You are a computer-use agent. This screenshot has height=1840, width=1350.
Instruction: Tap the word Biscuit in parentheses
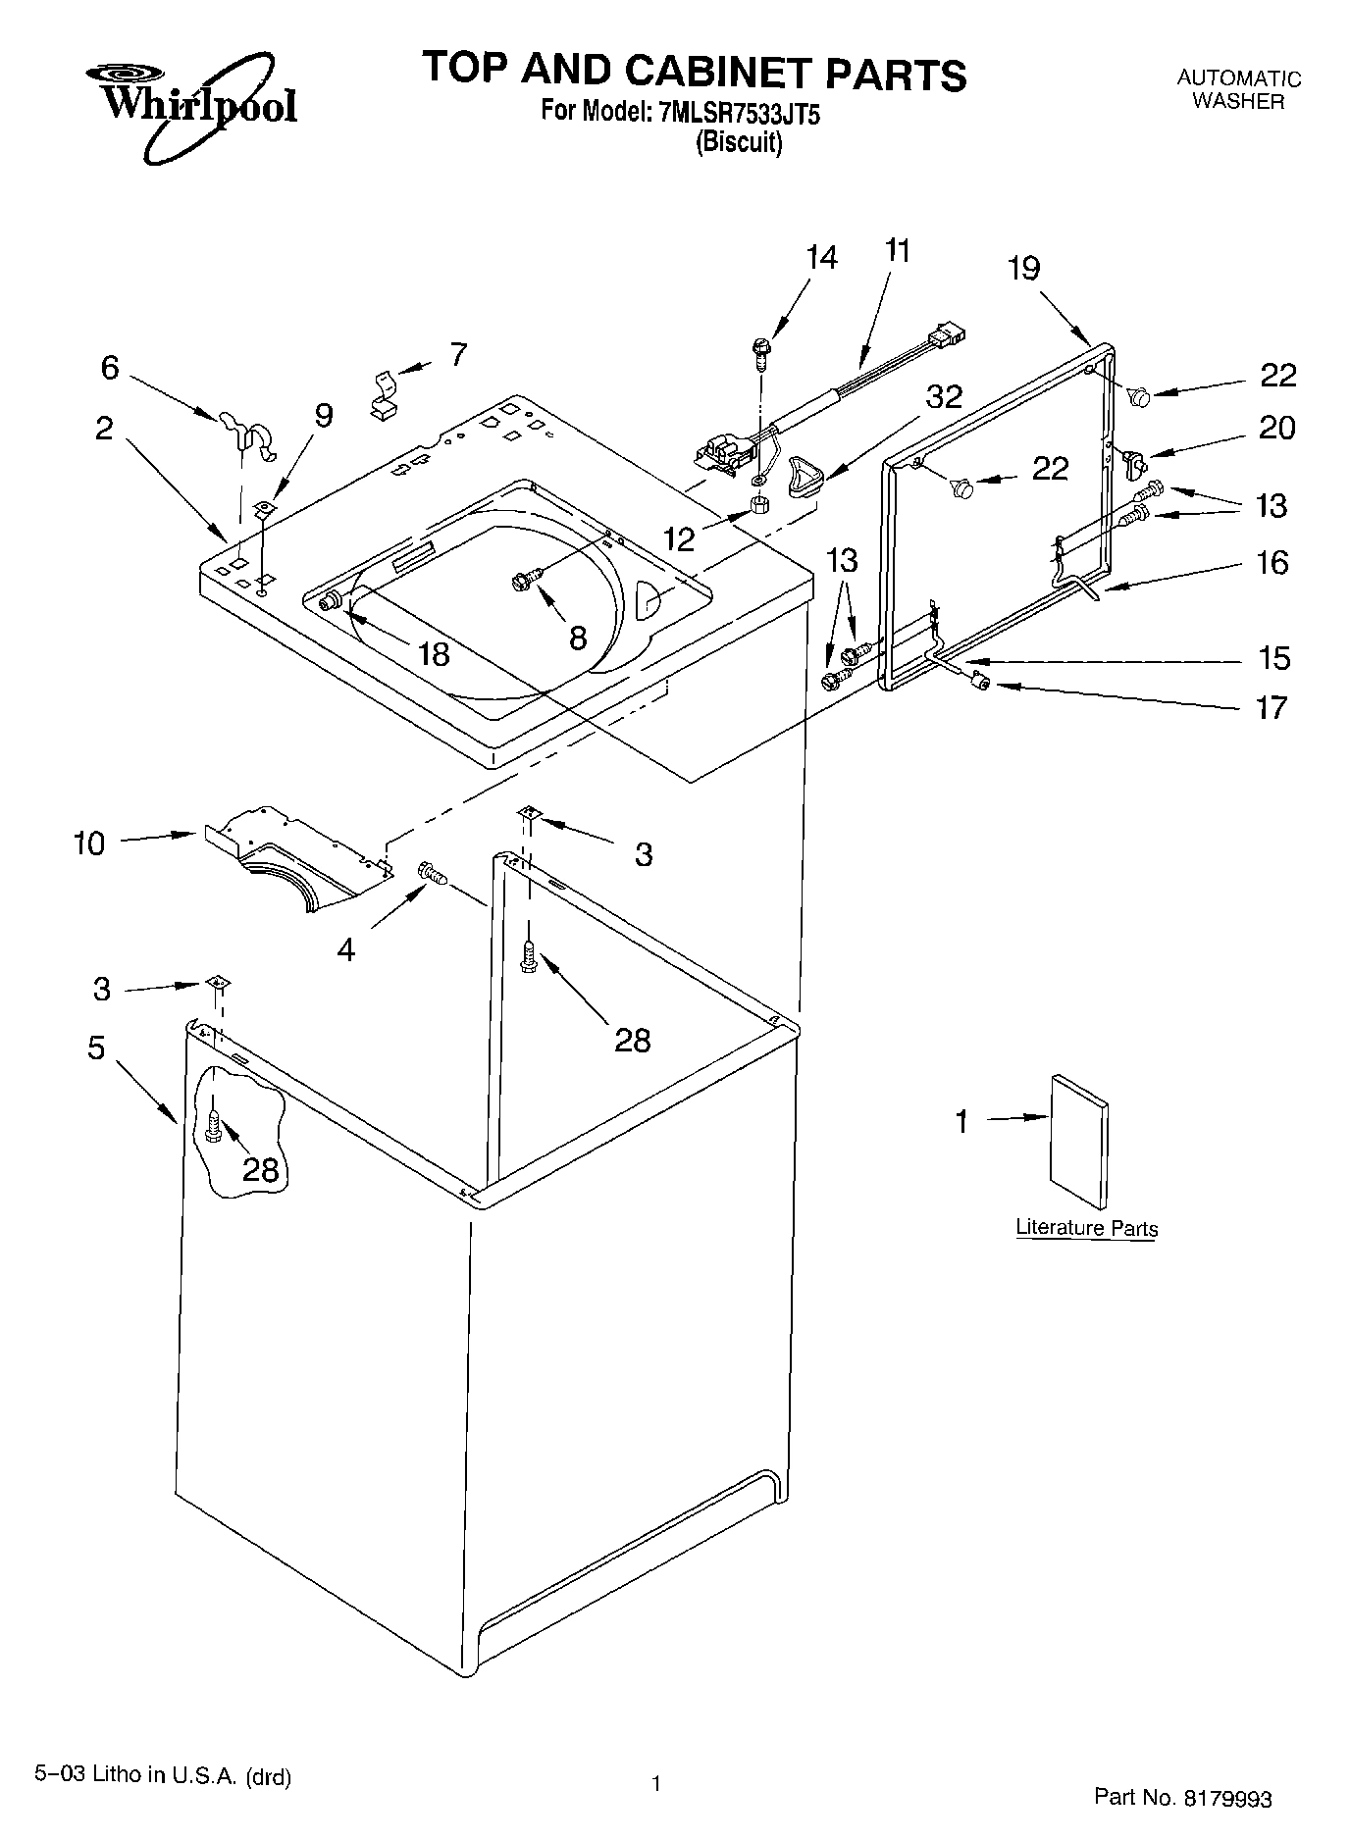tap(739, 143)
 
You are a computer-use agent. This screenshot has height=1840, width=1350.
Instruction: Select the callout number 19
tap(1023, 268)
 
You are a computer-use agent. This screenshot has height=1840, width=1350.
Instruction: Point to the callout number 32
tap(944, 396)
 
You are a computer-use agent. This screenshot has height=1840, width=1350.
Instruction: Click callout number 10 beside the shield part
tap(88, 843)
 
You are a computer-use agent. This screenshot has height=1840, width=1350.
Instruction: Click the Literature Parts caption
tap(1086, 1228)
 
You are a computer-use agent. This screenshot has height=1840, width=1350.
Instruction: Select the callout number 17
tap(1272, 707)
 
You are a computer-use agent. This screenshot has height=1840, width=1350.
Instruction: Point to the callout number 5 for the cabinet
tap(95, 1048)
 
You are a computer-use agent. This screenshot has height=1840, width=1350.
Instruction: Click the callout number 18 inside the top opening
tap(434, 653)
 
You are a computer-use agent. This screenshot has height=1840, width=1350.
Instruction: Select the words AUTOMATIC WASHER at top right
tap(1238, 89)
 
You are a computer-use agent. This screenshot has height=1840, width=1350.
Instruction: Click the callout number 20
tap(1276, 428)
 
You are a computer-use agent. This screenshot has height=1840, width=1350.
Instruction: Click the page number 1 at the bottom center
tap(655, 1782)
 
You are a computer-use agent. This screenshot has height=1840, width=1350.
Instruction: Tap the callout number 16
tap(1272, 562)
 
